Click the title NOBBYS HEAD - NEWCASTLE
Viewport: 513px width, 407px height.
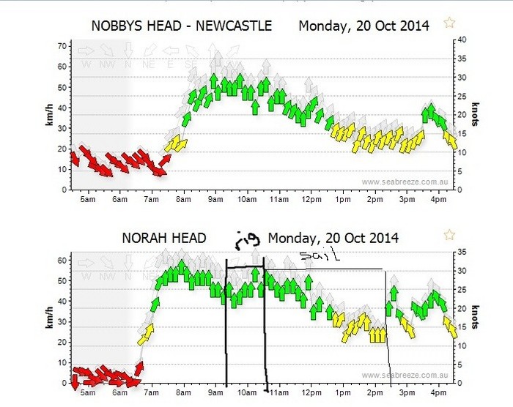pyautogui.click(x=181, y=26)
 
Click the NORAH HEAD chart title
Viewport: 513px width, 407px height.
pyautogui.click(x=163, y=238)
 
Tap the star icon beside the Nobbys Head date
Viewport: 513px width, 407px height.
pyautogui.click(x=449, y=23)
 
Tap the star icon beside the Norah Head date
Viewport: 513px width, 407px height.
pyautogui.click(x=449, y=235)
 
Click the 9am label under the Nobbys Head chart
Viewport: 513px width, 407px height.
pyautogui.click(x=215, y=199)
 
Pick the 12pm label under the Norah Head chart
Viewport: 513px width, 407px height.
pyautogui.click(x=311, y=393)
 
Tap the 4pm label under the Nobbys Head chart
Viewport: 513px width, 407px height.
pyautogui.click(x=439, y=199)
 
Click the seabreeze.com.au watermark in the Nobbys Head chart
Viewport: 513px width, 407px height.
pyautogui.click(x=405, y=182)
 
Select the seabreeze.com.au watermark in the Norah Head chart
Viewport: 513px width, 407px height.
pyautogui.click(x=405, y=376)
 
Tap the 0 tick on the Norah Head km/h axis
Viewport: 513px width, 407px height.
pyautogui.click(x=64, y=383)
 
